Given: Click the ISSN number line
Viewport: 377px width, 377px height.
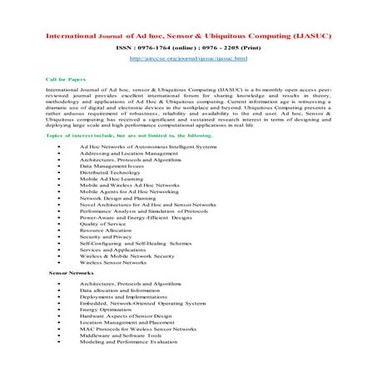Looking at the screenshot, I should click(188, 47).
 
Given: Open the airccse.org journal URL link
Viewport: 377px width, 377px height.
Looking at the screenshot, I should click(188, 60).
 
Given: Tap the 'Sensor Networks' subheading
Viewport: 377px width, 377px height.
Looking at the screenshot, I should click(71, 273).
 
